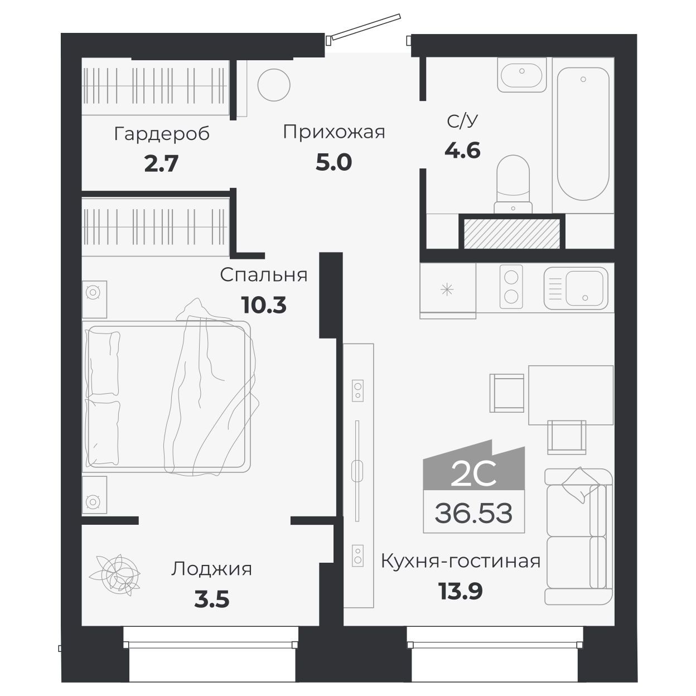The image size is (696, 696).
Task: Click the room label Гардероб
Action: click(162, 134)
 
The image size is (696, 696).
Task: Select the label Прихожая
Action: click(333, 132)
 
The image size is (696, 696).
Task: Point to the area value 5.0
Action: click(333, 162)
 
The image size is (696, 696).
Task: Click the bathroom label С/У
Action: click(462, 121)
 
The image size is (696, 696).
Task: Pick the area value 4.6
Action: click(462, 150)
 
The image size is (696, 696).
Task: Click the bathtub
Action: click(583, 134)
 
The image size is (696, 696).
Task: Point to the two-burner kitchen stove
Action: click(511, 287)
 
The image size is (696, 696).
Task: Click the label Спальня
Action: click(263, 275)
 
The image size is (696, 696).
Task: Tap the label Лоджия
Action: click(211, 569)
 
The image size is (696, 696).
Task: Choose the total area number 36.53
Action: click(473, 513)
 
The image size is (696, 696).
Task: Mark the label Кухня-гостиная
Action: click(460, 560)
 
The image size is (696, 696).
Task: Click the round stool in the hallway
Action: click(274, 85)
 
